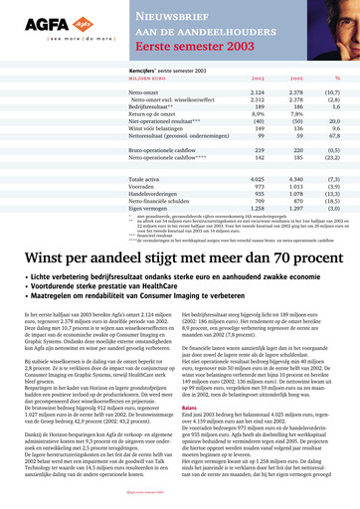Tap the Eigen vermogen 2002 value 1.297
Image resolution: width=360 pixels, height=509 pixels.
(295, 208)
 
